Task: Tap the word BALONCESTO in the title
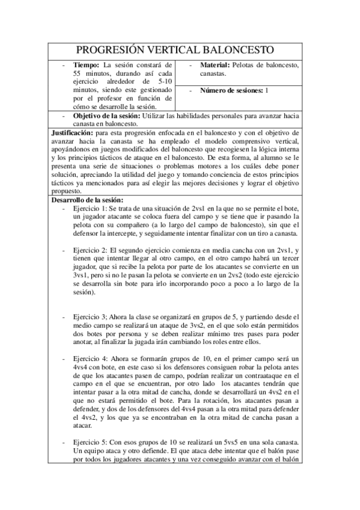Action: [239, 49]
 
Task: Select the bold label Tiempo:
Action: [87, 65]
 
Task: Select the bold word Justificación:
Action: [72, 131]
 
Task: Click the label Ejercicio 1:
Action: [91, 207]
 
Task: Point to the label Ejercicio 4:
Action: [91, 358]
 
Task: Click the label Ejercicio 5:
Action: [91, 442]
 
